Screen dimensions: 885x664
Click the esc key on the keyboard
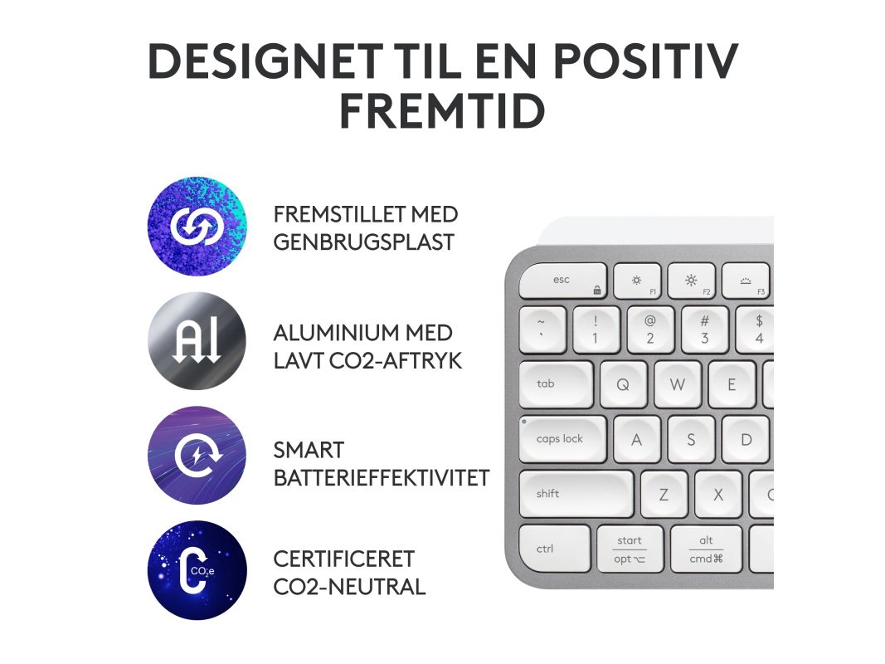(x=562, y=281)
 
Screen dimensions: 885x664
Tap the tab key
(x=556, y=384)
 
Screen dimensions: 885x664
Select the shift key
(x=576, y=494)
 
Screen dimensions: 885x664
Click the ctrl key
(x=555, y=549)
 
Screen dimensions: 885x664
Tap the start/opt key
(x=630, y=549)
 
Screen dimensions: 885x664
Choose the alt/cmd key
(x=706, y=549)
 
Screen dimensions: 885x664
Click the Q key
(x=623, y=384)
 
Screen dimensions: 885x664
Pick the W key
(x=678, y=384)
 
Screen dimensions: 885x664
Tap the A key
(x=637, y=439)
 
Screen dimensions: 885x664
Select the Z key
(x=664, y=494)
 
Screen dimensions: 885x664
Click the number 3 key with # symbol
(x=704, y=330)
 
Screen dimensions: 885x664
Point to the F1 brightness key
(x=637, y=281)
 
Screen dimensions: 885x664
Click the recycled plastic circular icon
(x=197, y=226)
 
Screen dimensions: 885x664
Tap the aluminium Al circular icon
(x=197, y=341)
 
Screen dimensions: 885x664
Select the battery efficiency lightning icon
(x=197, y=455)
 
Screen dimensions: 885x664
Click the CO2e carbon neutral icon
(x=197, y=570)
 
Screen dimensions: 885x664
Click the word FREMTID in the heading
(x=443, y=111)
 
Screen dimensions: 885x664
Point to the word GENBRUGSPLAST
(x=363, y=242)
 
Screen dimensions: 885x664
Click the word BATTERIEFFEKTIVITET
(x=382, y=478)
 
